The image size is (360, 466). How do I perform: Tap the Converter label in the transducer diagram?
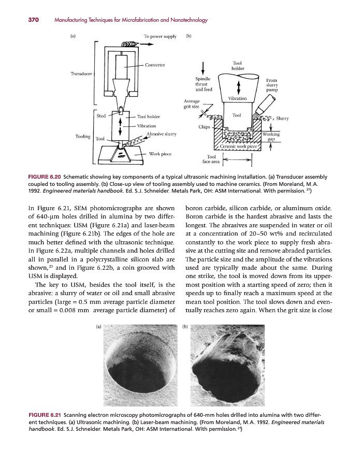click(x=155, y=65)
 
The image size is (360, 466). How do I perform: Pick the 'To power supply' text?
click(x=160, y=36)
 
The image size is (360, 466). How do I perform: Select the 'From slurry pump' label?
click(x=272, y=85)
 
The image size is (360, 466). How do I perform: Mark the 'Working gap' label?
click(x=271, y=137)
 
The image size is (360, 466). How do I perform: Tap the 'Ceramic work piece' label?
click(x=238, y=147)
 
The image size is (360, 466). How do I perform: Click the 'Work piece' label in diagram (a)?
click(x=161, y=154)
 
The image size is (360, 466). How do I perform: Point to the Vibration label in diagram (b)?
click(x=237, y=98)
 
